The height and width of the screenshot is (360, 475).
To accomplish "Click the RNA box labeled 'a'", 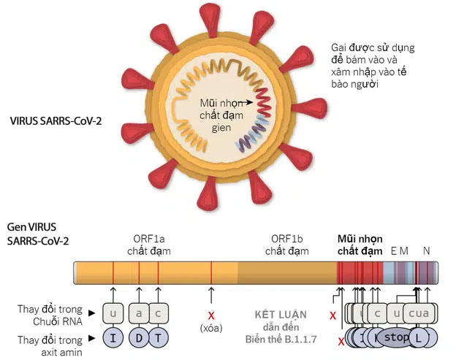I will pos(139,314).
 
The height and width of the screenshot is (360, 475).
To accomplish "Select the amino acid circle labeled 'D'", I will pos(139,339).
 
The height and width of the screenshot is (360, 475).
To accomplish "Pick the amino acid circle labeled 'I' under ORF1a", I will pos(113,339).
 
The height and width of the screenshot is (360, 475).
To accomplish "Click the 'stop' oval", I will pos(396,338).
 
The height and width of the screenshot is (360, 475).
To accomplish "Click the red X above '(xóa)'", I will pos(212,315).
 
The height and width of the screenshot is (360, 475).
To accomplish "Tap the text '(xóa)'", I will pos(212,329).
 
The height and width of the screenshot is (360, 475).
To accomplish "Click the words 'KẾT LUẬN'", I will pos(280,314).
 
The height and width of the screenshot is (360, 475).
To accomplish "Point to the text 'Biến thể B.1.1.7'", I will pos(280,340).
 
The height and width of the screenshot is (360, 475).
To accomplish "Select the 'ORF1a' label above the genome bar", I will pos(148,238).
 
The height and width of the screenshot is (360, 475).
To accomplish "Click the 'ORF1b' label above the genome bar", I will pos(286,238).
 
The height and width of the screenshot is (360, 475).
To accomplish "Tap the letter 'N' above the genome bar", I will pos(427,250).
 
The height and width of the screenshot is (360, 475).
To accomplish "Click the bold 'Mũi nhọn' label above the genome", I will pos(360,238).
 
